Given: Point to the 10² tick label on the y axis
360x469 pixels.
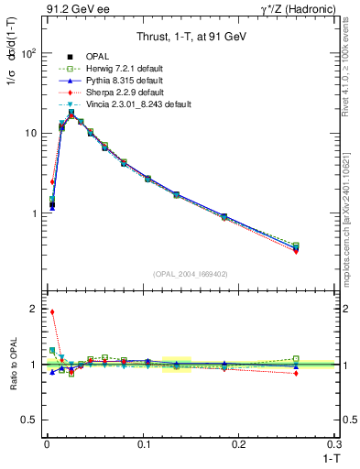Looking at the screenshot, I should tap(29, 53).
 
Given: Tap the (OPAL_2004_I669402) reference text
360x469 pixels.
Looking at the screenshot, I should tap(190, 274).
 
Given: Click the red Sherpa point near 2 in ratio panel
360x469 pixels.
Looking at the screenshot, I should tap(52, 311).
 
